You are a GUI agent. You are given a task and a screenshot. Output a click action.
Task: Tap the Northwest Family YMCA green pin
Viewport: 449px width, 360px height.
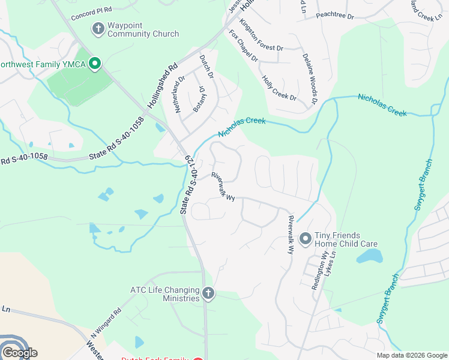pos(94,63)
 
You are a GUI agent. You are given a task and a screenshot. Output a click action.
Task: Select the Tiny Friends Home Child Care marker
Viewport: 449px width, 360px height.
pos(305,239)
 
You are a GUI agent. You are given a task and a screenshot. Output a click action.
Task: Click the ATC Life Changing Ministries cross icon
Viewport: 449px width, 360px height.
pos(208,293)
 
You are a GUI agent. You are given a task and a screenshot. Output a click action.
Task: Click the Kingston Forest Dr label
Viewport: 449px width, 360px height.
pos(261,34)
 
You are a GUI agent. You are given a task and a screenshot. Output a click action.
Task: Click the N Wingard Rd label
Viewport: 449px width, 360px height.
pos(106,322)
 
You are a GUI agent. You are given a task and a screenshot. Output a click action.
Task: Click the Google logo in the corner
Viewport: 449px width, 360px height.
pos(20,353)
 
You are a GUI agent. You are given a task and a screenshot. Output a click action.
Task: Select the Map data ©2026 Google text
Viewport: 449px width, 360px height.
pos(411,355)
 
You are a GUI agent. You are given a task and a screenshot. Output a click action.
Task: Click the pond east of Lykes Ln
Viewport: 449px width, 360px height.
pos(370,256)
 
